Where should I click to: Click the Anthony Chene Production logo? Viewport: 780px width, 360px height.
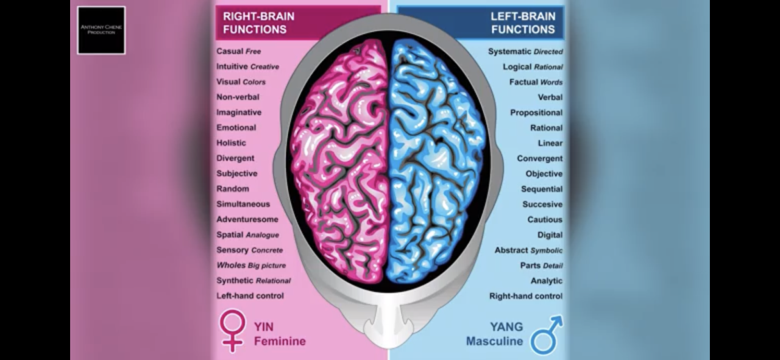[101, 30]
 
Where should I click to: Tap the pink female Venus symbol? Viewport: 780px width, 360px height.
[232, 330]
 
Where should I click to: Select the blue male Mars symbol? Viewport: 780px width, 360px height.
[546, 334]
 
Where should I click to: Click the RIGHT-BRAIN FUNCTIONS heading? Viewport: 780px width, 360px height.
[258, 23]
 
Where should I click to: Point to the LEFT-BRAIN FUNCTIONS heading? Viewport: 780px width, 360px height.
[523, 23]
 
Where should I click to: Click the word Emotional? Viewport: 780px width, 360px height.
[236, 128]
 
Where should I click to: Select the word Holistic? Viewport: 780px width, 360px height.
[232, 143]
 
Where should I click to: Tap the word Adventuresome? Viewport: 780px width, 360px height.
[247, 219]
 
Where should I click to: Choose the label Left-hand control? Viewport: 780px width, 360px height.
[250, 296]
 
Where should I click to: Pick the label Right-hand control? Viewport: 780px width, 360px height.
[526, 296]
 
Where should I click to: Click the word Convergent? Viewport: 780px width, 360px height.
[540, 158]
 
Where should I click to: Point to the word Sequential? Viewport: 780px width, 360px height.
[542, 189]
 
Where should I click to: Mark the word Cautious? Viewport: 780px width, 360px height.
[545, 219]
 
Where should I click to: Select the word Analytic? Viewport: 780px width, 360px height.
[547, 281]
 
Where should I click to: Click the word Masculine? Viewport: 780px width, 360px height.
[494, 341]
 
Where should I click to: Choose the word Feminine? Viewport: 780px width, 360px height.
[280, 341]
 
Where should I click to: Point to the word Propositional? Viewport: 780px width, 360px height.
[536, 113]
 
